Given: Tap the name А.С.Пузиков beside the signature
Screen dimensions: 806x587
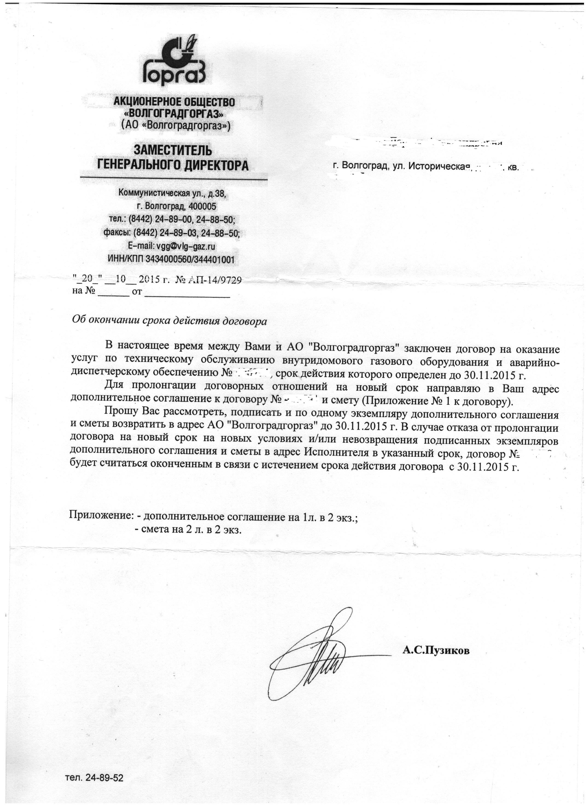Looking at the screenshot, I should click(x=436, y=650).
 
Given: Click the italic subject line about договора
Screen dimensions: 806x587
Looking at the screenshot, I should click(x=169, y=321).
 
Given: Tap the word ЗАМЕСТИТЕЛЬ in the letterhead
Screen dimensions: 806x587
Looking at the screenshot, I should click(x=173, y=150).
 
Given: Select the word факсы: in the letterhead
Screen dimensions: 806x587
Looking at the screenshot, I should click(x=117, y=233).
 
